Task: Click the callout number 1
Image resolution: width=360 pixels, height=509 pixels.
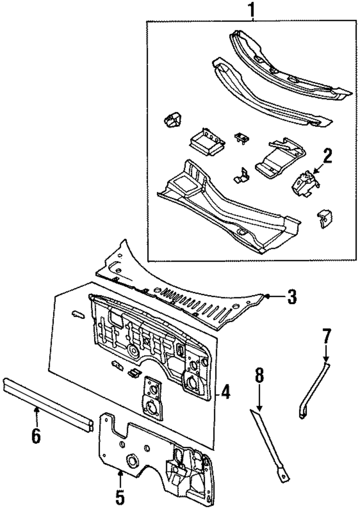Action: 252,10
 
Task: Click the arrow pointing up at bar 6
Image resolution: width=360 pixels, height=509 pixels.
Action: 36,414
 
